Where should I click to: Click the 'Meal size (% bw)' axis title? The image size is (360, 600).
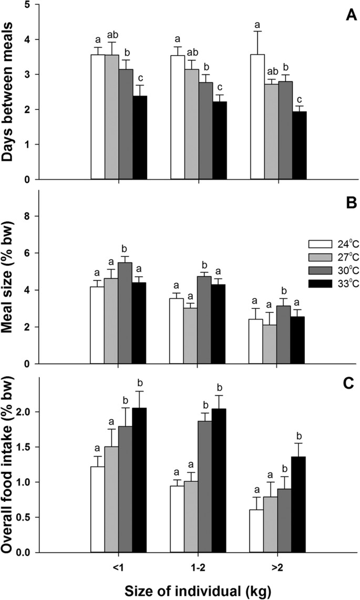12,277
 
